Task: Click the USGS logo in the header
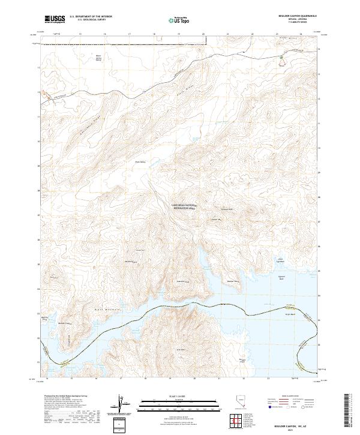coord(55,20)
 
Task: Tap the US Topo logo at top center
coord(179,20)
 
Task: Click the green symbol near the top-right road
coord(281,58)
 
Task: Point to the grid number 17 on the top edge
coord(130,35)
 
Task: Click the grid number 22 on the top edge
coord(253,35)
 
